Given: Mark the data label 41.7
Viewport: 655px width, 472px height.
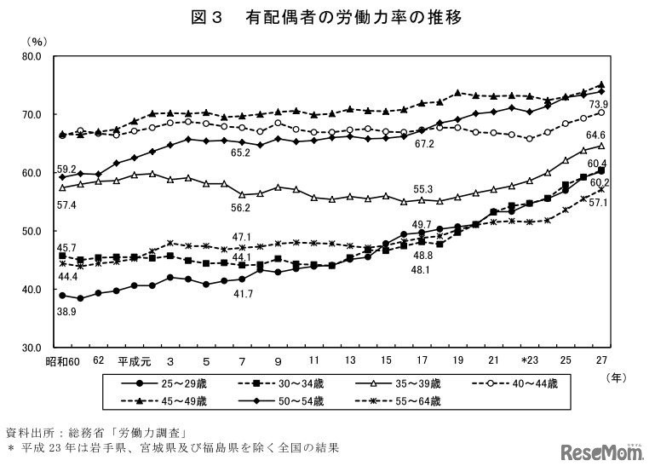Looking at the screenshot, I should [x=243, y=294].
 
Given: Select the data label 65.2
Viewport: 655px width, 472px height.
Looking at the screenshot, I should [x=239, y=153].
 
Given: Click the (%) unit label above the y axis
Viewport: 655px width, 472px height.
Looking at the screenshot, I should [x=37, y=40].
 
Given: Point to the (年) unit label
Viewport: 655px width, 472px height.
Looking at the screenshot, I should [x=614, y=375].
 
